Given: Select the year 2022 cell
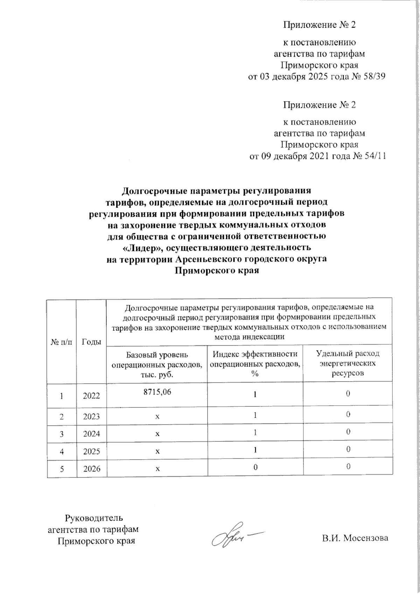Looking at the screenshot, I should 91,396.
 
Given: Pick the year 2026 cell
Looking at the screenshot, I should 91,469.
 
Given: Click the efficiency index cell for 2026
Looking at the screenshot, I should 255,467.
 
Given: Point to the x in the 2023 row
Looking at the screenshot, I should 157,417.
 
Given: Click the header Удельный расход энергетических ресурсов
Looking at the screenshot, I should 348,363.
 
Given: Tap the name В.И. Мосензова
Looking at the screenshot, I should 355,538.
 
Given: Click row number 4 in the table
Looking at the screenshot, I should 62,451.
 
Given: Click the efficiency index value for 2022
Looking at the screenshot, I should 255,394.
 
